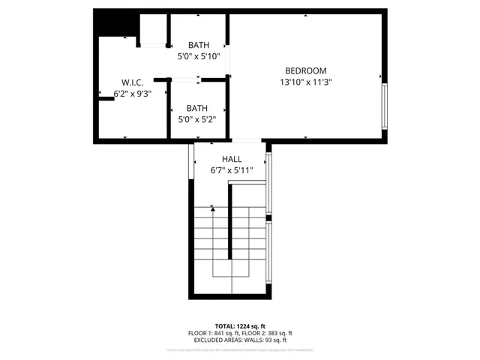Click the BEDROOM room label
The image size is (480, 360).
[x=306, y=70]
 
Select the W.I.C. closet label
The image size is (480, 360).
[x=133, y=82]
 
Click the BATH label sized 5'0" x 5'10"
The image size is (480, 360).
[x=198, y=44]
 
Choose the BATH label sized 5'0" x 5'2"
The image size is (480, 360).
[x=198, y=107]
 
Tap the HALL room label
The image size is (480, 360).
[x=232, y=160]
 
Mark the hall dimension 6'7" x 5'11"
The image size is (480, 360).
[x=232, y=171]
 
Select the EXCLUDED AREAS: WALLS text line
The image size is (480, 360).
[x=239, y=340]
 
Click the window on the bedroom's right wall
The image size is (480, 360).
[x=385, y=107]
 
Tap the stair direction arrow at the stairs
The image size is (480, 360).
[x=212, y=208]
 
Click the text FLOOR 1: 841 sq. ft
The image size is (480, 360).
[x=214, y=333]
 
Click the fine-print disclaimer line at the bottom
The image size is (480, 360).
[x=239, y=349]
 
